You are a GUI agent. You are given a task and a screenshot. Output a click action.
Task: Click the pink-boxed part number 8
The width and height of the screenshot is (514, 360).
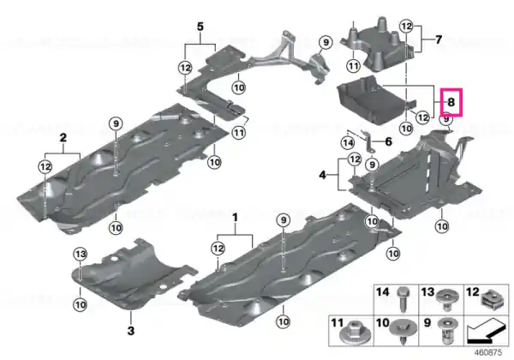451,102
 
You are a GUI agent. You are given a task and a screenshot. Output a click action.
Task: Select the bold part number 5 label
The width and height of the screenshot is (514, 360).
200,27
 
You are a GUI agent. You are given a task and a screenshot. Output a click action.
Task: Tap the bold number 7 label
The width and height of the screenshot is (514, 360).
439,39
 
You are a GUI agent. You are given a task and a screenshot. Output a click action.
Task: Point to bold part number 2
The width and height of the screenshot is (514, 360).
63,137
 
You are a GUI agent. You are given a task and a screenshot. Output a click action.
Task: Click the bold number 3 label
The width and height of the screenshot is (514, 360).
131,330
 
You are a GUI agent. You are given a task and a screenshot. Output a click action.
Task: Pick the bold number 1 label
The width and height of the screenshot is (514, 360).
235,218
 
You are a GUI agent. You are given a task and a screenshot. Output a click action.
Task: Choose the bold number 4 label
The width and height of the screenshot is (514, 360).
323,175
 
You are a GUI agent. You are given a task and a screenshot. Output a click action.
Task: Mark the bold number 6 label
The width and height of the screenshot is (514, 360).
388,141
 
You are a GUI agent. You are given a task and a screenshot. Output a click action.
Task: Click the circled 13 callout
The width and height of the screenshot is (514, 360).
81,254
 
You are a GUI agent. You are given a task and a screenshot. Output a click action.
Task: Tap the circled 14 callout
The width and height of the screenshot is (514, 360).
348,143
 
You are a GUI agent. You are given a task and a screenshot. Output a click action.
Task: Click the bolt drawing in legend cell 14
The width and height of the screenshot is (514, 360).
403,299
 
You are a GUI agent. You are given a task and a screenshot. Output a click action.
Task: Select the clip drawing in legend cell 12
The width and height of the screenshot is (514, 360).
490,300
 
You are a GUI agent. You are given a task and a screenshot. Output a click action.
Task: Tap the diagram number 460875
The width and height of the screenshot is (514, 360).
488,352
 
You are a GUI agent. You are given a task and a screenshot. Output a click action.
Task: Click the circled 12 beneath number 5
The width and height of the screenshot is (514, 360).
185,68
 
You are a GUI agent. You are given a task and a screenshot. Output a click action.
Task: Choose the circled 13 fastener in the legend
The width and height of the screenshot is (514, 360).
446,300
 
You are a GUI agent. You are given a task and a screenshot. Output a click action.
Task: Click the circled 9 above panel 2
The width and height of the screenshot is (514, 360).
116,123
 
